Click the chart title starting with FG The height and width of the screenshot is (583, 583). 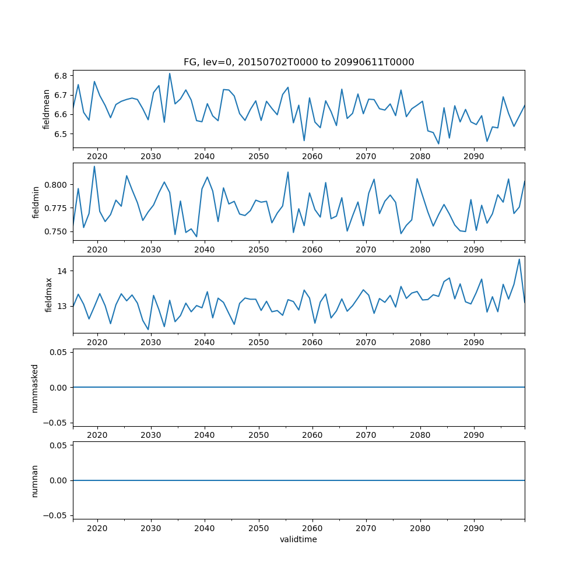[x=298, y=62]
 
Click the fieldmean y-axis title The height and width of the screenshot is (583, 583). [x=47, y=109]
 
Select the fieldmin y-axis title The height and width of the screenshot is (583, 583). [x=36, y=202]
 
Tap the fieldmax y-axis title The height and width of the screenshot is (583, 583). [x=49, y=295]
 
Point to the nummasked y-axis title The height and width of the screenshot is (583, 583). [x=35, y=388]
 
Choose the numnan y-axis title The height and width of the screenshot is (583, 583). [x=35, y=480]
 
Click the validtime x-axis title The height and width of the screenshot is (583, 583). [x=298, y=540]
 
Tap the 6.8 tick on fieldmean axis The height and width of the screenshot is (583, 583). [x=61, y=76]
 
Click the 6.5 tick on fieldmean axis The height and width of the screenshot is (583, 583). [x=61, y=134]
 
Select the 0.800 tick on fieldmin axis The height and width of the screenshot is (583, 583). [x=56, y=185]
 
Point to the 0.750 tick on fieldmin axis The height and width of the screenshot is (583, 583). [x=56, y=231]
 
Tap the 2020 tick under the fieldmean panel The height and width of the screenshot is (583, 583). [x=97, y=157]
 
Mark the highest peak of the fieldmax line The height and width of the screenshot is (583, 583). [x=519, y=259]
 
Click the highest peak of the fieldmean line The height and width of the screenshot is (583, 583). [x=170, y=73]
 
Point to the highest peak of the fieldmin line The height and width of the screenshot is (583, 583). [x=94, y=166]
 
